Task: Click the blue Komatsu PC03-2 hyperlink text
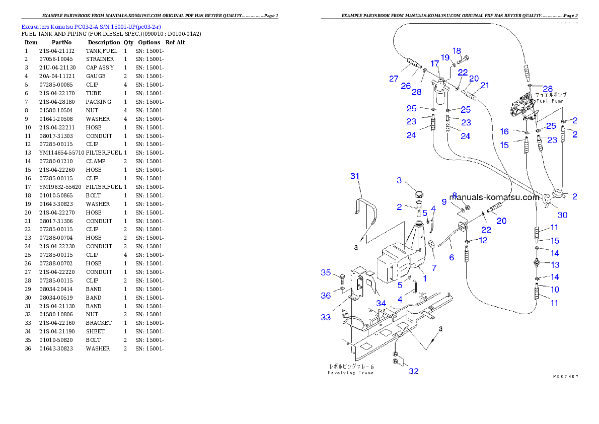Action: [x=91, y=27]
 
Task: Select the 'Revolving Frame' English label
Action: [x=350, y=373]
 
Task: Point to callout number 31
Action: [x=355, y=176]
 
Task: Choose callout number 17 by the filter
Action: [x=434, y=65]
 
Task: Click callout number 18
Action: [x=457, y=50]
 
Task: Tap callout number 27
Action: [x=393, y=79]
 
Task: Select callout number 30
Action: [x=562, y=215]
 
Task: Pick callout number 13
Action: [x=555, y=265]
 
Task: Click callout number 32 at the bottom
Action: [x=414, y=372]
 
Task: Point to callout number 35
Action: [x=326, y=273]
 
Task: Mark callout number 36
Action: [x=326, y=296]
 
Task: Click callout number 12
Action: [x=483, y=241]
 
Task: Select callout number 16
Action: [x=504, y=131]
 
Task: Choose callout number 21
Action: [x=484, y=85]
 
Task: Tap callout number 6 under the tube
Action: [x=452, y=257]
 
